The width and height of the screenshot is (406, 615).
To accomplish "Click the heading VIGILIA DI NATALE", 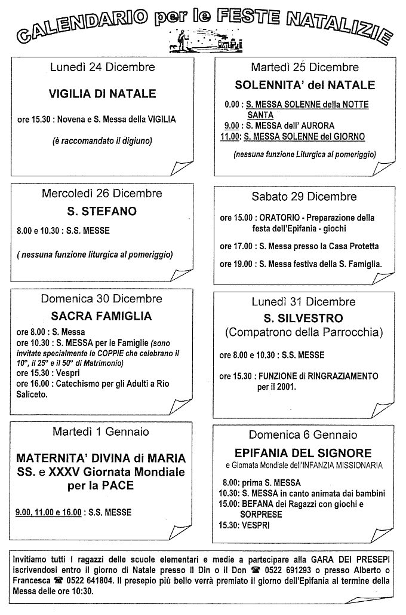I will (102, 94).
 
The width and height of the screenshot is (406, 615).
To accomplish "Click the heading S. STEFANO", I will (102, 211).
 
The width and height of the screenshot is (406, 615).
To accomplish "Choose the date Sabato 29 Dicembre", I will (304, 196).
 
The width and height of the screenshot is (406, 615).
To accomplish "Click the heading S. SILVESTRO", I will (304, 318).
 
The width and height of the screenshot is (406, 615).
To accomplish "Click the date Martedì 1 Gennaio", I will (101, 432).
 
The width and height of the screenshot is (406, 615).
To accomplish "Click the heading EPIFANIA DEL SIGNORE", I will (303, 453).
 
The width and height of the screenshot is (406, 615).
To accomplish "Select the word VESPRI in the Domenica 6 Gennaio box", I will (254, 525).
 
